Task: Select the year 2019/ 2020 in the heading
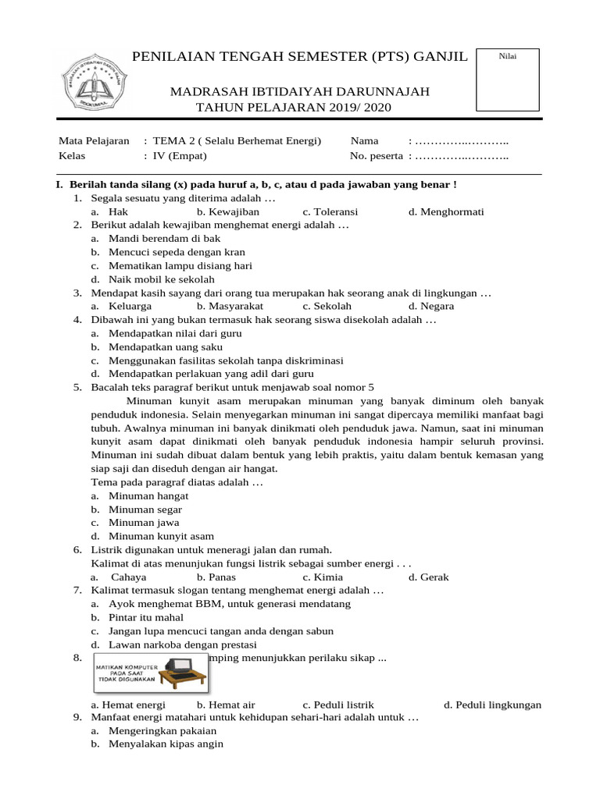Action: pyautogui.click(x=353, y=107)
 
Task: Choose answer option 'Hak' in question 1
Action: pyautogui.click(x=118, y=211)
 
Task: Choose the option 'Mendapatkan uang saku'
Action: pyautogui.click(x=166, y=346)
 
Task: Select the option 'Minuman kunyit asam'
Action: pyautogui.click(x=162, y=536)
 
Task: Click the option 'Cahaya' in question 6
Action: pyautogui.click(x=129, y=577)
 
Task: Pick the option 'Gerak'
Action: pyautogui.click(x=434, y=577)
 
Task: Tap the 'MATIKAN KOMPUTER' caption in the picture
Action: pyautogui.click(x=127, y=668)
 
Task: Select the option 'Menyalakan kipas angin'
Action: pyautogui.click(x=166, y=744)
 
